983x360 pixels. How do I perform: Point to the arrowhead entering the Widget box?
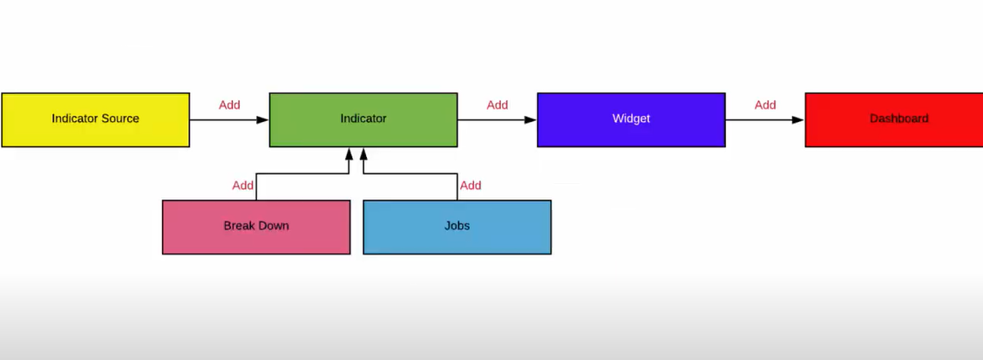[530, 119]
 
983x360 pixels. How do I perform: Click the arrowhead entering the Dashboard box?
[797, 119]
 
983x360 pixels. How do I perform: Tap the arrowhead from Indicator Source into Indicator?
[262, 119]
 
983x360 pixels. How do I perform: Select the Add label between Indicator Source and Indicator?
[229, 105]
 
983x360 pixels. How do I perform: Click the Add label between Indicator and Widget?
[497, 105]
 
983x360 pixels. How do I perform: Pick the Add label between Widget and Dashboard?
[765, 105]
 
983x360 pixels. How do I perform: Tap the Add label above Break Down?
[243, 186]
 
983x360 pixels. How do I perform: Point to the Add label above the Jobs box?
[471, 186]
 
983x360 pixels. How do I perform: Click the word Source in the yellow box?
[119, 119]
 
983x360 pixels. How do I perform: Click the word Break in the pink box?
[239, 226]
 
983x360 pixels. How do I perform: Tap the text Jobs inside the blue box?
[457, 226]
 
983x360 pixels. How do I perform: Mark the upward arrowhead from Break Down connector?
[349, 154]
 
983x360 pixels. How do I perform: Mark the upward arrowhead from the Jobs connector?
[363, 154]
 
